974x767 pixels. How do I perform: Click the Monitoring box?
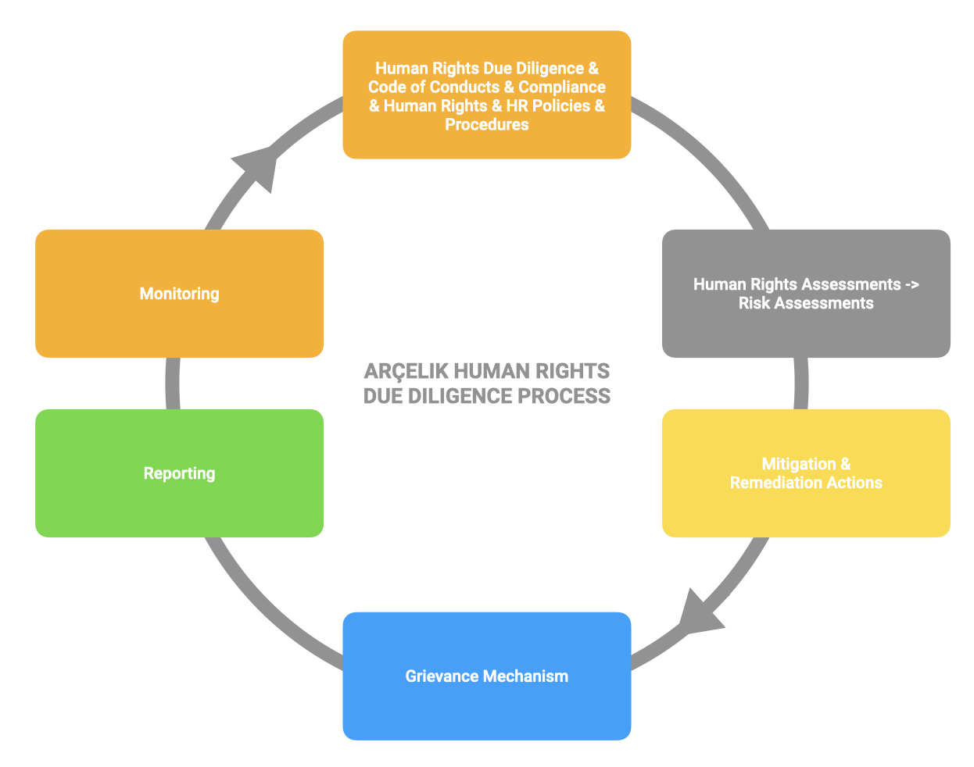click(x=179, y=294)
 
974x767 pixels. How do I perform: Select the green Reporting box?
click(x=179, y=473)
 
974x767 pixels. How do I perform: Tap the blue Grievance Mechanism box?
click(x=486, y=676)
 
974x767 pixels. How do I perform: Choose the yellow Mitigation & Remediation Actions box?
click(x=806, y=473)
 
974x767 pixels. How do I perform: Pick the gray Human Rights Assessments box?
click(x=806, y=294)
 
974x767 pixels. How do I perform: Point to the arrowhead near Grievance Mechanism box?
click(x=700, y=614)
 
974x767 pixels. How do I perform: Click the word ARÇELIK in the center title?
click(x=406, y=371)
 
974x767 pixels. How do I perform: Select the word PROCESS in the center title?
click(x=564, y=396)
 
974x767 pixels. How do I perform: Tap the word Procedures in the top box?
click(x=486, y=124)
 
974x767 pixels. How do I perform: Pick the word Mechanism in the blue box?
click(x=525, y=676)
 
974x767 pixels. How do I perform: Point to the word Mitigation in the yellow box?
click(x=799, y=464)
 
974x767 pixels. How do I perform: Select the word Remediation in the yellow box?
click(x=775, y=483)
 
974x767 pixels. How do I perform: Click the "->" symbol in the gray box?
click(x=912, y=284)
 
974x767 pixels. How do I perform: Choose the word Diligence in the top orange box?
click(x=550, y=68)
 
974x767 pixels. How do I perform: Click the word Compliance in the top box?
click(x=562, y=87)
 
